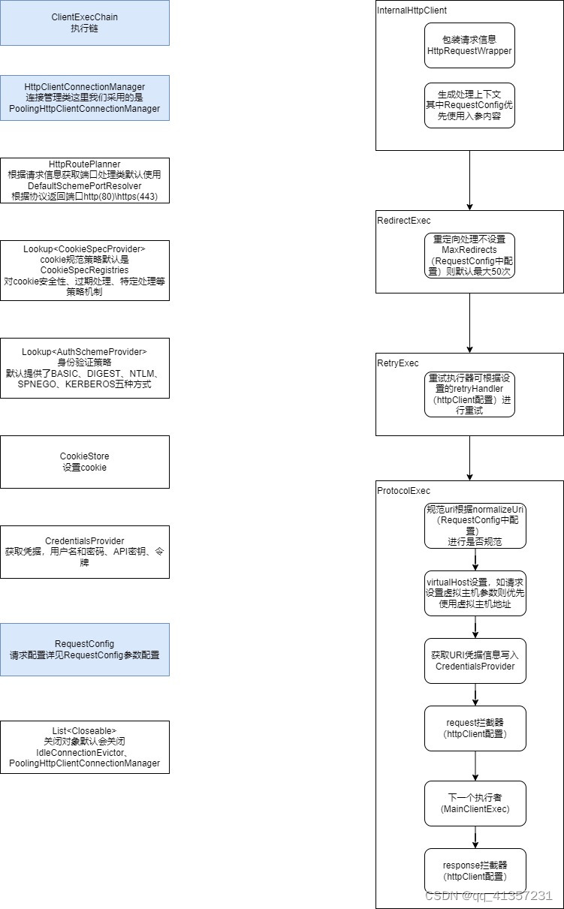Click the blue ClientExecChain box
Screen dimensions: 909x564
tap(84, 23)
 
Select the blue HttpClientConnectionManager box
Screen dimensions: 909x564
tap(84, 98)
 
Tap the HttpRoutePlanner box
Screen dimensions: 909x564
tap(84, 180)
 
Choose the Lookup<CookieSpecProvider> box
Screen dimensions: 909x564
tap(84, 270)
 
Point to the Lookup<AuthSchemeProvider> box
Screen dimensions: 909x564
tap(84, 368)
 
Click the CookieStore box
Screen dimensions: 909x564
tap(84, 462)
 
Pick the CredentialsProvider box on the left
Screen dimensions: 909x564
tap(84, 552)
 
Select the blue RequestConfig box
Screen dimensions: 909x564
tap(84, 649)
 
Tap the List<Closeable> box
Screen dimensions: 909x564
tap(84, 747)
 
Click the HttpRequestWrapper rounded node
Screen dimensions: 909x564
tap(469, 45)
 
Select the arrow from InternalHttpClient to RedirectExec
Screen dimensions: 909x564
tap(469, 180)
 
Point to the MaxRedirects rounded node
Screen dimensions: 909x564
tap(469, 255)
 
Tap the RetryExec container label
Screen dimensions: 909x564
tap(398, 363)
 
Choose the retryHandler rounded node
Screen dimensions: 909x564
tap(469, 394)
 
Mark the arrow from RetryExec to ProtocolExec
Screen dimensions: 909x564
tap(469, 458)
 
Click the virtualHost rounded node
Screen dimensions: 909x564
tap(475, 593)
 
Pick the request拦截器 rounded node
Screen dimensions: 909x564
tap(475, 728)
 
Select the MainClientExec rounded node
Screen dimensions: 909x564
tap(475, 803)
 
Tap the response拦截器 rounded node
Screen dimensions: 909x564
tap(475, 871)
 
